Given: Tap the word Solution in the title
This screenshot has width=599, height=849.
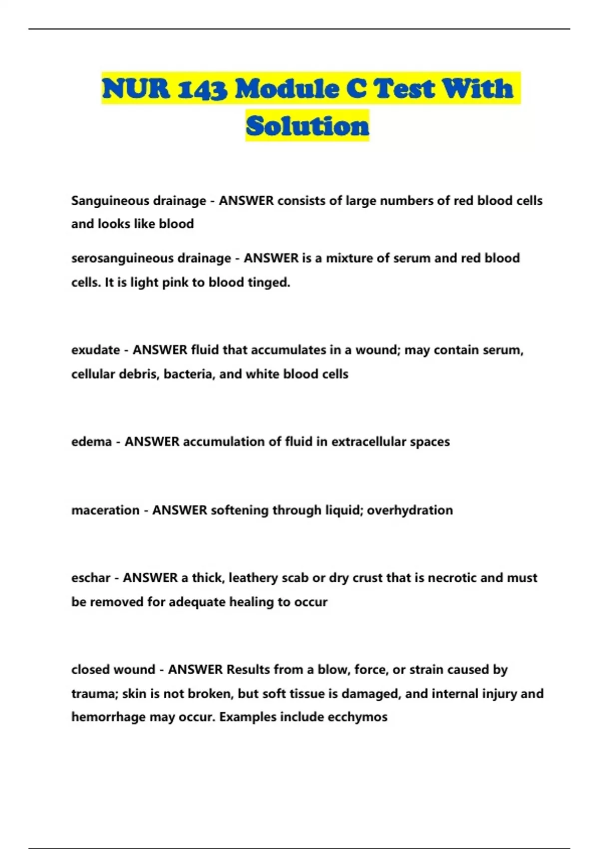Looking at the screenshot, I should point(307,126).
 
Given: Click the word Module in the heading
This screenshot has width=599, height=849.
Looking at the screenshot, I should point(287,89).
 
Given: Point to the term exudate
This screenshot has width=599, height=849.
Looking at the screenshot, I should point(95,350).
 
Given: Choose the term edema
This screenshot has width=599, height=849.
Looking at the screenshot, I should point(91,442).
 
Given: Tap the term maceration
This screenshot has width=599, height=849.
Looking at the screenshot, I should point(105,510).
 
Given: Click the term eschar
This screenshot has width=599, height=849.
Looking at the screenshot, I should point(91,578).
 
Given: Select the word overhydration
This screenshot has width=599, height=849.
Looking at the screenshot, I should point(410,510).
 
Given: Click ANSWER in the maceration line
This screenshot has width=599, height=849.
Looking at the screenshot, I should point(179,510).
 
